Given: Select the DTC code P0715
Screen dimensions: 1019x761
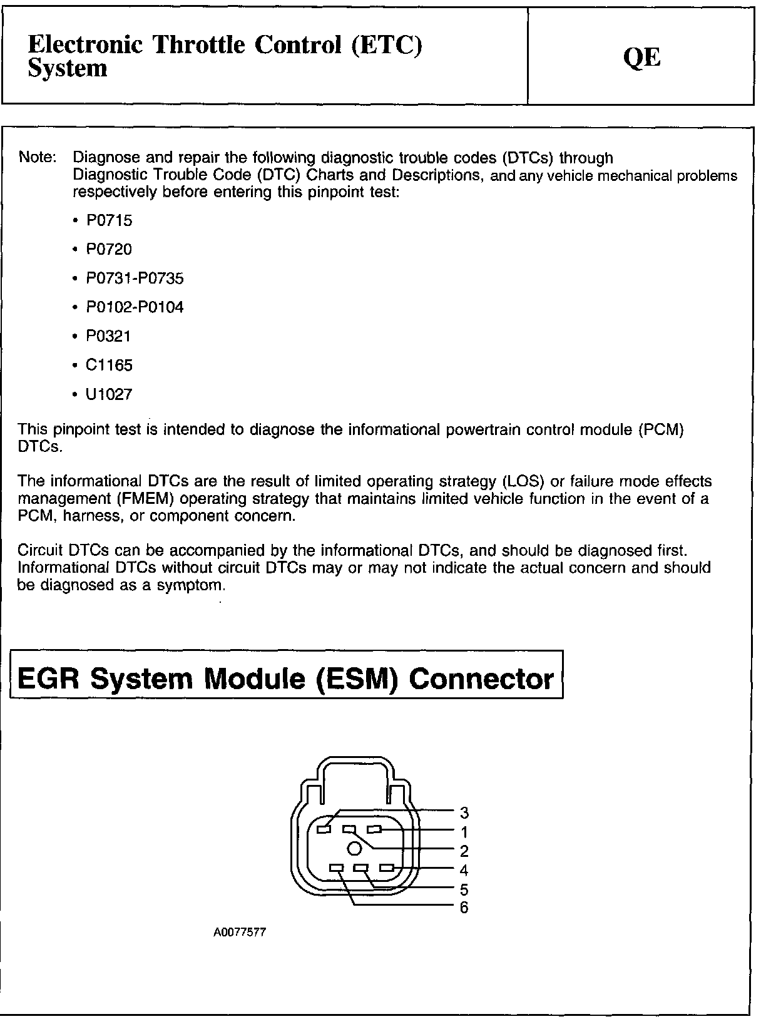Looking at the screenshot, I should pos(110,220).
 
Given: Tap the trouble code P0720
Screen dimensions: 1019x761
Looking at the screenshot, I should pos(110,249).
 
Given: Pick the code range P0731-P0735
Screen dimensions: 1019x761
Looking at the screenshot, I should pos(135,278).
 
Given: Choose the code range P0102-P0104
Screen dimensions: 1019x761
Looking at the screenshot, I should pos(135,307).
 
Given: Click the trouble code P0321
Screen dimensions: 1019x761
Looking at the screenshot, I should pos(110,336).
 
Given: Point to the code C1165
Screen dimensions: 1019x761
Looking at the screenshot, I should pos(110,365).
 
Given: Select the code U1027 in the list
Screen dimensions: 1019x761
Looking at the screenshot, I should pos(110,394).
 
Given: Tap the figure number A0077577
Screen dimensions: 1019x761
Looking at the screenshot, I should pos(240,932).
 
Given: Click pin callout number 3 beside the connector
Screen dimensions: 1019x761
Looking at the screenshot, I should pos(464,812).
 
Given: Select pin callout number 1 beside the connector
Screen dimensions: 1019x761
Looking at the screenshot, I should pos(464,832).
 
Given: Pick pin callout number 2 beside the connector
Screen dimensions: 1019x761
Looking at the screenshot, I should pos(464,851).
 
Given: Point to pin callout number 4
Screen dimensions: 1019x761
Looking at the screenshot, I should pos(464,869).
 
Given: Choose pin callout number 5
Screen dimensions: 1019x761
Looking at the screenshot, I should pos(464,889).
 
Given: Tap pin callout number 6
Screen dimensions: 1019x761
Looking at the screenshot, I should pos(464,907).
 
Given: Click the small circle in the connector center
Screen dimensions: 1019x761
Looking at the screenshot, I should pos(354,849).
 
